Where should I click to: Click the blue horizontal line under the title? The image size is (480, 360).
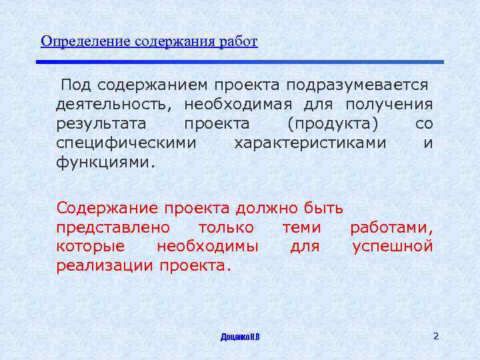pyautogui.click(x=239, y=62)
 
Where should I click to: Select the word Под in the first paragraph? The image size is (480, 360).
pyautogui.click(x=76, y=85)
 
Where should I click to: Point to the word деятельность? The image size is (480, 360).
pyautogui.click(x=113, y=105)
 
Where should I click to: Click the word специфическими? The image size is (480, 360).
pyautogui.click(x=126, y=143)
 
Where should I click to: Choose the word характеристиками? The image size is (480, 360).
pyautogui.click(x=310, y=143)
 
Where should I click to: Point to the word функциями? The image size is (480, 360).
pyautogui.click(x=105, y=163)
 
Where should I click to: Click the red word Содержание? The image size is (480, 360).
pyautogui.click(x=106, y=208)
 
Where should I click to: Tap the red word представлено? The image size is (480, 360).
pyautogui.click(x=113, y=227)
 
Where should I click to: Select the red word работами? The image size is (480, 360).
pyautogui.click(x=391, y=227)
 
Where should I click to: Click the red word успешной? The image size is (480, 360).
pyautogui.click(x=392, y=247)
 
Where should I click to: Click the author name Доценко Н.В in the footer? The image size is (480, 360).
pyautogui.click(x=240, y=337)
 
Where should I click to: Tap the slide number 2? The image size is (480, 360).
pyautogui.click(x=435, y=336)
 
